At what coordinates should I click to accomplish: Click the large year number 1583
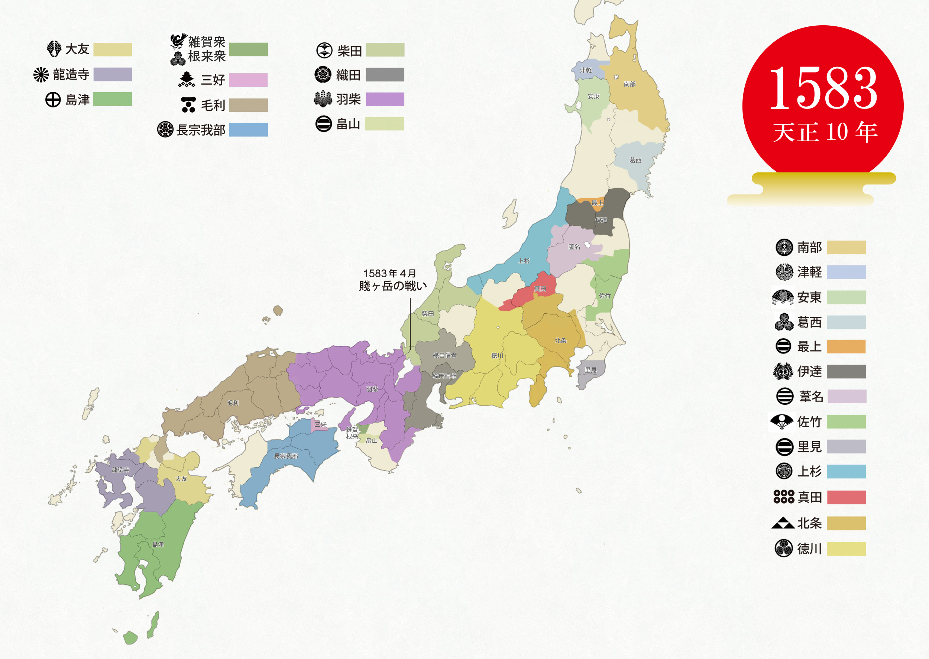click(x=823, y=89)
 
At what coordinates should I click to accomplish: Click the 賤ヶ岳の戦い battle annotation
click(x=393, y=286)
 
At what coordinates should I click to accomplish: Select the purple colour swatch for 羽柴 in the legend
click(x=385, y=99)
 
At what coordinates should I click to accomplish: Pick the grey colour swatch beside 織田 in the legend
click(x=385, y=75)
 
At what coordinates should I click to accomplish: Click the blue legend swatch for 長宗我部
click(x=248, y=130)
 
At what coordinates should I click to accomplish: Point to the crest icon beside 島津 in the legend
click(x=53, y=99)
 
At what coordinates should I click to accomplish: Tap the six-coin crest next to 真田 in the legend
click(x=783, y=496)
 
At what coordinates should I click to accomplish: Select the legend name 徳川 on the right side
click(x=809, y=549)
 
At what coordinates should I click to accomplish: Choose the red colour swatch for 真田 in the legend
click(x=846, y=497)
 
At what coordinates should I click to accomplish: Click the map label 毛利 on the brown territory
click(x=233, y=403)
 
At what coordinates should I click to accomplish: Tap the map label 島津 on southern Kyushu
click(x=158, y=544)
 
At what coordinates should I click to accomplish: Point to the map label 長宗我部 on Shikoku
click(x=286, y=456)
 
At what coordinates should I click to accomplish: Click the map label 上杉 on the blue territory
click(x=524, y=261)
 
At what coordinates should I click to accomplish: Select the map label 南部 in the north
click(x=629, y=84)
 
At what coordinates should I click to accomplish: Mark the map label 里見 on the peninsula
click(x=591, y=370)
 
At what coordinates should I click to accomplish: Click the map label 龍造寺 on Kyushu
click(x=120, y=469)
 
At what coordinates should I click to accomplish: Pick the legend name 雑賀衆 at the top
click(x=207, y=41)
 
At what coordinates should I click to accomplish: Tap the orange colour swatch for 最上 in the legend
click(x=846, y=346)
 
